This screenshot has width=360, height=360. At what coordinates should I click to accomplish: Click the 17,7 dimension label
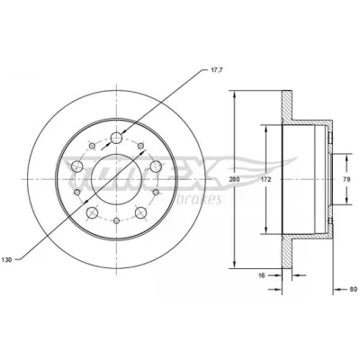pyautogui.click(x=212, y=70)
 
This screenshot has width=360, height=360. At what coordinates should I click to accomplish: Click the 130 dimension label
pyautogui.click(x=7, y=260)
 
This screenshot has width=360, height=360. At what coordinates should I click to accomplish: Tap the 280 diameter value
pyautogui.click(x=234, y=180)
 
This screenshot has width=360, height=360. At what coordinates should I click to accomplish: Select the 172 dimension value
pyautogui.click(x=266, y=180)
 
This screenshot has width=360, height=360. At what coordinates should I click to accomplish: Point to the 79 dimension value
pyautogui.click(x=346, y=180)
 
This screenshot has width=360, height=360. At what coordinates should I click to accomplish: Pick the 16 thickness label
pyautogui.click(x=262, y=275)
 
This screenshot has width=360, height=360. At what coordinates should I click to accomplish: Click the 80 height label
pyautogui.click(x=353, y=290)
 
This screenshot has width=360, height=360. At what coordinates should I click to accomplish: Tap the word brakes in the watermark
pyautogui.click(x=200, y=199)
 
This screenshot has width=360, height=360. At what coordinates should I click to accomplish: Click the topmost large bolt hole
pyautogui.click(x=116, y=138)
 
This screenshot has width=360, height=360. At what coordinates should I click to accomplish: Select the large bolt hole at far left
pyautogui.click(x=76, y=166)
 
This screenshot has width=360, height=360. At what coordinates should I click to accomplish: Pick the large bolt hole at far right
pyautogui.click(x=156, y=166)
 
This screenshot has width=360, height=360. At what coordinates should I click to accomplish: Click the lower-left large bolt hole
pyautogui.click(x=92, y=212)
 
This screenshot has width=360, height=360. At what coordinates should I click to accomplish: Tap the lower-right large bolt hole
pyautogui.click(x=141, y=212)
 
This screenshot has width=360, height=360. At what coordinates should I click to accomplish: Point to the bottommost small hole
pyautogui.click(x=116, y=220)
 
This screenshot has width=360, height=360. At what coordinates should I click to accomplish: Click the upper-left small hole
pyautogui.click(x=93, y=146)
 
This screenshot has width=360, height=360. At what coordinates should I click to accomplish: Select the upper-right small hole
pyautogui.click(x=140, y=146)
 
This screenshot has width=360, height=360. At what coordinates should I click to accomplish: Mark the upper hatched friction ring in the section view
pyautogui.click(x=287, y=105)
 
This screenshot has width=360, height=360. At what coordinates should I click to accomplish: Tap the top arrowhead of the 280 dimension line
pyautogui.click(x=235, y=94)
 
